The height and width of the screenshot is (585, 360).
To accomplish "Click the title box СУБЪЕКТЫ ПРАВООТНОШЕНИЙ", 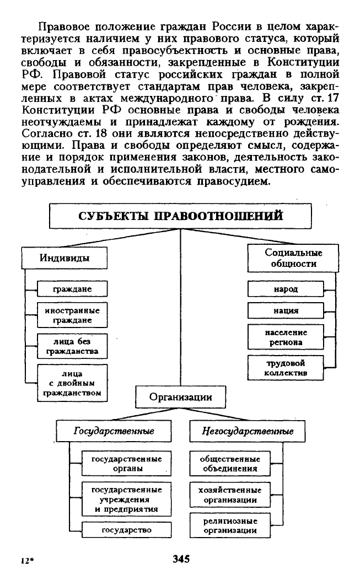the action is pyautogui.click(x=180, y=216).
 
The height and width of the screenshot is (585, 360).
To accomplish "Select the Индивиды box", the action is pyautogui.click(x=65, y=258).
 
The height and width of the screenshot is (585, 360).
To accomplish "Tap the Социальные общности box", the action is pyautogui.click(x=293, y=258).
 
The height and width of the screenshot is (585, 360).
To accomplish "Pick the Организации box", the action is pyautogui.click(x=181, y=397).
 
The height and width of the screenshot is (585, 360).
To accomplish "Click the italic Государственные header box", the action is pyautogui.click(x=114, y=431).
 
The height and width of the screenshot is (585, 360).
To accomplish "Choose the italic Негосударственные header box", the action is pyautogui.click(x=248, y=431).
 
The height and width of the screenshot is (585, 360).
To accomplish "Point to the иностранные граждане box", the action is pyautogui.click(x=72, y=315).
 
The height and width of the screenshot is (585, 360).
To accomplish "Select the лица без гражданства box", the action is pyautogui.click(x=72, y=346).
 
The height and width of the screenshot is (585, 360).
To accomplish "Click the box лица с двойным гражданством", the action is pyautogui.click(x=72, y=383).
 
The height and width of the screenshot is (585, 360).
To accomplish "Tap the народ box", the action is pyautogui.click(x=286, y=289).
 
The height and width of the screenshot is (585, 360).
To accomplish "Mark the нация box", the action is pyautogui.click(x=286, y=310).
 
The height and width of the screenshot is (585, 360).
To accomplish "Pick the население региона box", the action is pyautogui.click(x=286, y=337).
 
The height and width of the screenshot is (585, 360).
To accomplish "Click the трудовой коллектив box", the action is pyautogui.click(x=286, y=368).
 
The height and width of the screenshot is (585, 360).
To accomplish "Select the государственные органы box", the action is pyautogui.click(x=127, y=464).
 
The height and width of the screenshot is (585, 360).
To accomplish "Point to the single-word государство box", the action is pyautogui.click(x=127, y=530).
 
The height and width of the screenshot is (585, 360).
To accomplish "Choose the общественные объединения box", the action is pyautogui.click(x=230, y=464).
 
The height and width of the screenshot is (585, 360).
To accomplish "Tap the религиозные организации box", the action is pyautogui.click(x=230, y=525).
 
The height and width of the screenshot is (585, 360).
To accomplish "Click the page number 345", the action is pyautogui.click(x=181, y=559).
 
